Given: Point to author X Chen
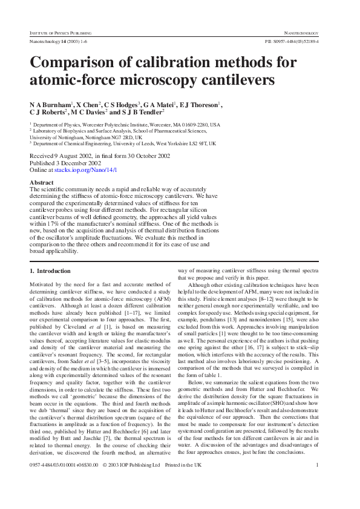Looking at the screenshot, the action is pyautogui.click(x=89, y=104).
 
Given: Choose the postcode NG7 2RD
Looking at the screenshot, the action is pyautogui.click(x=119, y=137).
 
